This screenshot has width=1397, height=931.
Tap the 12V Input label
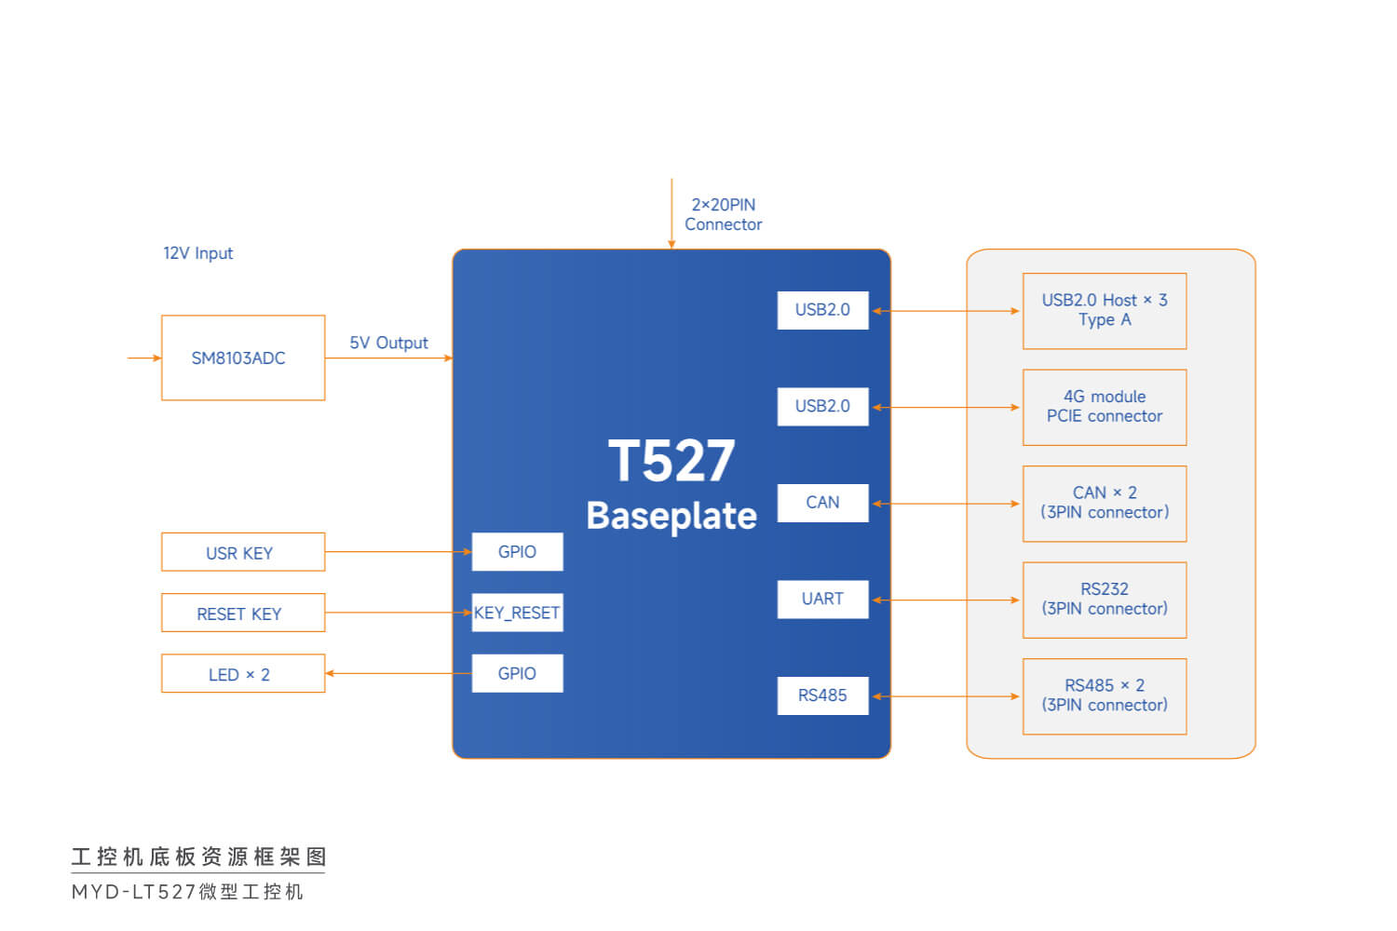click(x=197, y=253)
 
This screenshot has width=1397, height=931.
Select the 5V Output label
click(x=388, y=343)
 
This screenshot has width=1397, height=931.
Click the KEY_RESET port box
click(x=517, y=613)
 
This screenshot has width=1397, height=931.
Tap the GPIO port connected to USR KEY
click(x=517, y=552)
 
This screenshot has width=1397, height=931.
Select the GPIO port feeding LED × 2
click(x=517, y=673)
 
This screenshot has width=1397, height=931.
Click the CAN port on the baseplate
click(x=822, y=503)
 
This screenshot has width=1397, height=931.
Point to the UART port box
click(x=822, y=600)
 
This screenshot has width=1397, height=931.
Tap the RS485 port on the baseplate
click(x=822, y=695)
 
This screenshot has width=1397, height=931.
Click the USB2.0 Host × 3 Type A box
click(x=1105, y=311)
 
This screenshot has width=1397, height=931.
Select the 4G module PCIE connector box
click(x=1105, y=407)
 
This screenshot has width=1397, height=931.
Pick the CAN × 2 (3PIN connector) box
click(x=1105, y=504)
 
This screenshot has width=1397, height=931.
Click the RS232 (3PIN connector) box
click(x=1105, y=600)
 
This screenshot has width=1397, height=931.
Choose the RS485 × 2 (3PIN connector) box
click(x=1105, y=696)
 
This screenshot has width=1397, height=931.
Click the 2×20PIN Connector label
click(x=723, y=214)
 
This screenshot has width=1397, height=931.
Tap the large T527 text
click(x=671, y=461)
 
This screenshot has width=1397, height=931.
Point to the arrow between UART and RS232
click(x=945, y=600)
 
